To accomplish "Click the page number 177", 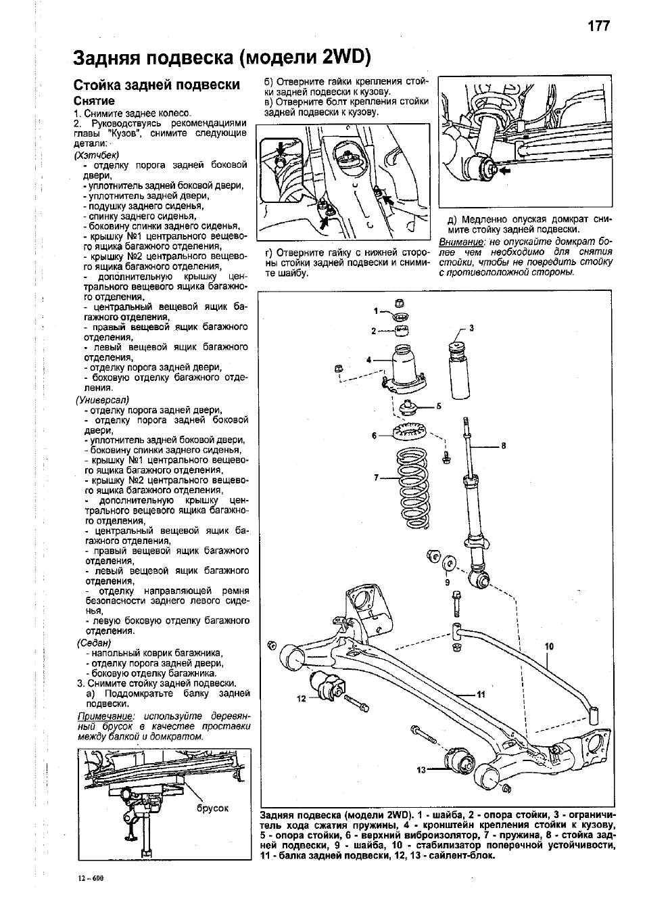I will (x=598, y=26).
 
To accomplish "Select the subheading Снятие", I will (x=94, y=101).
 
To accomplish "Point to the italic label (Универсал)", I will (x=102, y=400).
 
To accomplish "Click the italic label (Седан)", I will (x=94, y=643).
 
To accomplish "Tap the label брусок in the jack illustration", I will (x=212, y=808).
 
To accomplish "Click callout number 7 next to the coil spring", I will (x=376, y=477).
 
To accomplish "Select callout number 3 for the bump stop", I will (x=471, y=328).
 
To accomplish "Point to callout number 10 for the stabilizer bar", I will (x=549, y=646).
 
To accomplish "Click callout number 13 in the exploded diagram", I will (x=421, y=769).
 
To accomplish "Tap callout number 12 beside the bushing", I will (x=302, y=698).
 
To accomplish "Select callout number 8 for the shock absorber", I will (x=503, y=446).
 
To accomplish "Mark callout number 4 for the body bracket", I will (x=368, y=360).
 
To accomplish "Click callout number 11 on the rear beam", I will (x=481, y=694).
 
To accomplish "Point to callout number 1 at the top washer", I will (x=376, y=311).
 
